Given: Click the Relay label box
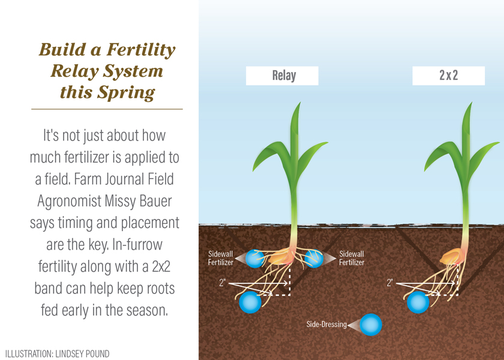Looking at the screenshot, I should click(x=282, y=76).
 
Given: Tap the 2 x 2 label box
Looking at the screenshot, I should click(x=448, y=76).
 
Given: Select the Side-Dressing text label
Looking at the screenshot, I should click(x=326, y=325).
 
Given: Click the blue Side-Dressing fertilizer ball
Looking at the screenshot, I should click(x=370, y=325).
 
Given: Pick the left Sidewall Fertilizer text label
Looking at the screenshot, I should click(x=220, y=259).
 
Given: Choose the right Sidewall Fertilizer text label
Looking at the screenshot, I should click(x=352, y=259).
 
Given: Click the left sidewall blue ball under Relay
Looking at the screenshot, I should click(x=256, y=258).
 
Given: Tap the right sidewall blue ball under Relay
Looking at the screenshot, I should click(x=314, y=258).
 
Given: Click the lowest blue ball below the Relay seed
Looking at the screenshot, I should click(x=250, y=302).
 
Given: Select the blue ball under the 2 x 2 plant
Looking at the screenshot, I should click(x=418, y=302).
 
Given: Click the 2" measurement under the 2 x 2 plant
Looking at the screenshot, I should click(x=390, y=282).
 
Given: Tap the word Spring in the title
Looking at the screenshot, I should click(x=125, y=92).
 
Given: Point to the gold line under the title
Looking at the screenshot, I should click(x=107, y=109).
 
